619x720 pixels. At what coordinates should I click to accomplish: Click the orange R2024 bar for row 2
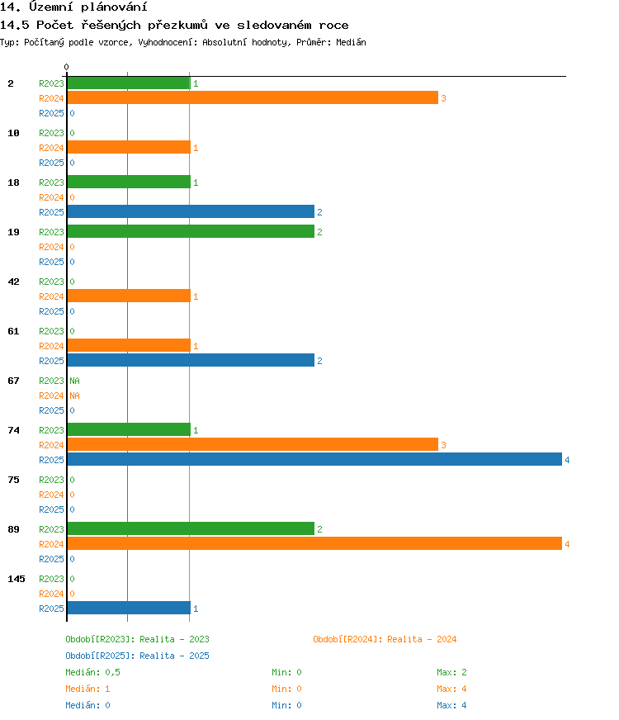[x=253, y=97]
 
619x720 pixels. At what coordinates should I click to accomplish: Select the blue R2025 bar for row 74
[x=314, y=459]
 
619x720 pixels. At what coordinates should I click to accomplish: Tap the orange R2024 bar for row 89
[x=314, y=543]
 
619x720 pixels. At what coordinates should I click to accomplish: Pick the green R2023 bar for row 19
[x=191, y=231]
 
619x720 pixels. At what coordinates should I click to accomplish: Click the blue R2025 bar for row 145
[x=129, y=608]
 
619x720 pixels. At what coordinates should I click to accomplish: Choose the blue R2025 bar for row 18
[x=191, y=211]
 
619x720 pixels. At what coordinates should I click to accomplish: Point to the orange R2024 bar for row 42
[x=129, y=296]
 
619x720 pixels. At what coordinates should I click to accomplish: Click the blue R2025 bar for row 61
[x=191, y=360]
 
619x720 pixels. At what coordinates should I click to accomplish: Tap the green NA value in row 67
[x=74, y=381]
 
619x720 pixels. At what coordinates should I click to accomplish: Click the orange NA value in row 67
[x=74, y=396]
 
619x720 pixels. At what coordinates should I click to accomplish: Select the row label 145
[x=17, y=579]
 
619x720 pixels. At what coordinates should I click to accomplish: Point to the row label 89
[x=14, y=529]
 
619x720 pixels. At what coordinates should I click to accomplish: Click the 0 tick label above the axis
[x=67, y=67]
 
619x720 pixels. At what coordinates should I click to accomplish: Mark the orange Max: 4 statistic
[x=451, y=689]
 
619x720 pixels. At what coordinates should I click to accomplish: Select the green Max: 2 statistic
[x=451, y=672]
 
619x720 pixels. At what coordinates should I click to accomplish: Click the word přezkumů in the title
[x=177, y=26]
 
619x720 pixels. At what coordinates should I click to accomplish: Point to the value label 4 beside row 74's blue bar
[x=567, y=460]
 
